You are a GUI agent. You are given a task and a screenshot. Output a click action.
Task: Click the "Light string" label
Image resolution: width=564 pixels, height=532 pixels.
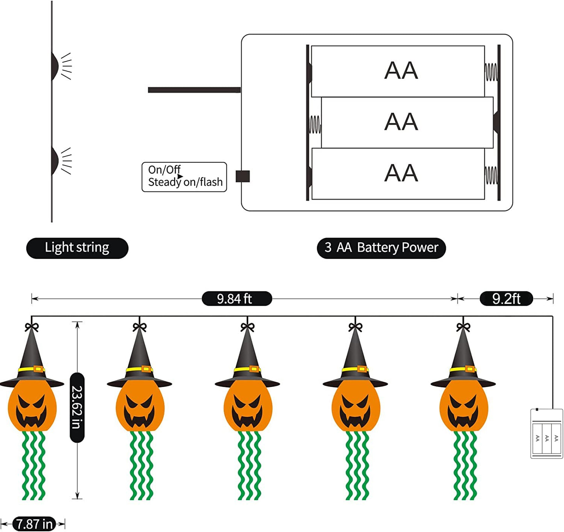(77, 248)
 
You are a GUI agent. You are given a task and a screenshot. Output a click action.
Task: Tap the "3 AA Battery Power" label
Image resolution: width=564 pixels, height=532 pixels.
(381, 248)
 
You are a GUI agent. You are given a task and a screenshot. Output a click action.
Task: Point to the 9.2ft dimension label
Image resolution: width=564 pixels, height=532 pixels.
(506, 299)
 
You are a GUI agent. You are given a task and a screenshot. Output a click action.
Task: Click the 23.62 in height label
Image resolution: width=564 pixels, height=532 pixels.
(77, 407)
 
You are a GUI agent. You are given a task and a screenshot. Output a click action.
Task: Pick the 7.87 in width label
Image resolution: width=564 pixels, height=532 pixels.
(34, 524)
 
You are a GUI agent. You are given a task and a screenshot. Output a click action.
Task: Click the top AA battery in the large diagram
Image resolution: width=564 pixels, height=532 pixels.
(398, 71)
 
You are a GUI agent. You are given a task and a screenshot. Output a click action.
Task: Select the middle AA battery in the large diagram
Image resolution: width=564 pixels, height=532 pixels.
(406, 122)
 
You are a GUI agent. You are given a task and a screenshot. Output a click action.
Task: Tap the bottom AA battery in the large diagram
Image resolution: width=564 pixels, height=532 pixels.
(398, 174)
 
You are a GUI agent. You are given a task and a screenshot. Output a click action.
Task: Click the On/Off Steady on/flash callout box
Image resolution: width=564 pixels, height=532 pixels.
(184, 177)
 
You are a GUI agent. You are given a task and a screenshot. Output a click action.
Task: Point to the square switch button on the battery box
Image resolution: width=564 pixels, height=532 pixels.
(243, 176)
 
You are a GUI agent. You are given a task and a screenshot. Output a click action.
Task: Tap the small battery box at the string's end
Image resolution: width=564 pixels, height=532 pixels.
(546, 433)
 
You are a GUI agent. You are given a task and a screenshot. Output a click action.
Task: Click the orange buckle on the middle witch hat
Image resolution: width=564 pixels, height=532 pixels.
(254, 369)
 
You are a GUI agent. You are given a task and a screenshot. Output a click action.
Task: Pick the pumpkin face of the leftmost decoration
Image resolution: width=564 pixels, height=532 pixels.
(32, 408)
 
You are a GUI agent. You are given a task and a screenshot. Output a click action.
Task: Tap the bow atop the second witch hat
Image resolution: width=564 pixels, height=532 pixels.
(139, 327)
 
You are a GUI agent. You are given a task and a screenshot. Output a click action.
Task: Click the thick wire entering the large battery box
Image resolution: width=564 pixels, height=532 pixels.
(194, 90)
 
